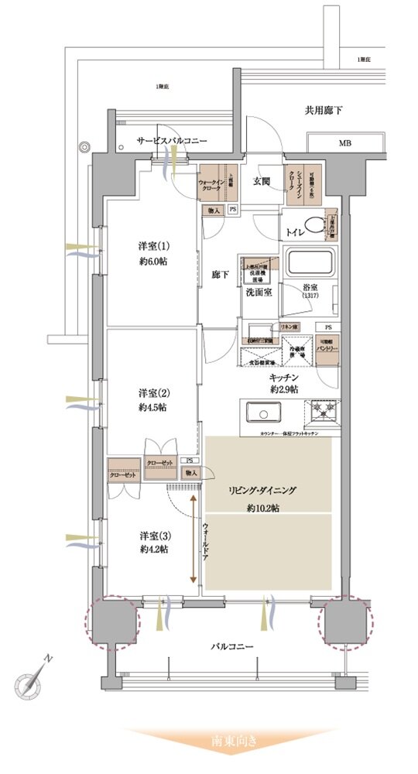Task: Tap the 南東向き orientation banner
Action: point(230,741)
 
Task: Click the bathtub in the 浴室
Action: point(310,263)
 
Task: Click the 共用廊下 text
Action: point(324,111)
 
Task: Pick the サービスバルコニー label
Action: point(172,141)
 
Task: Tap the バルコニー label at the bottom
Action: point(230,646)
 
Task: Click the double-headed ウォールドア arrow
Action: point(193,542)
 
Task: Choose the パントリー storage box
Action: point(326,345)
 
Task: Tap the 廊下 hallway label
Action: point(218,275)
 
